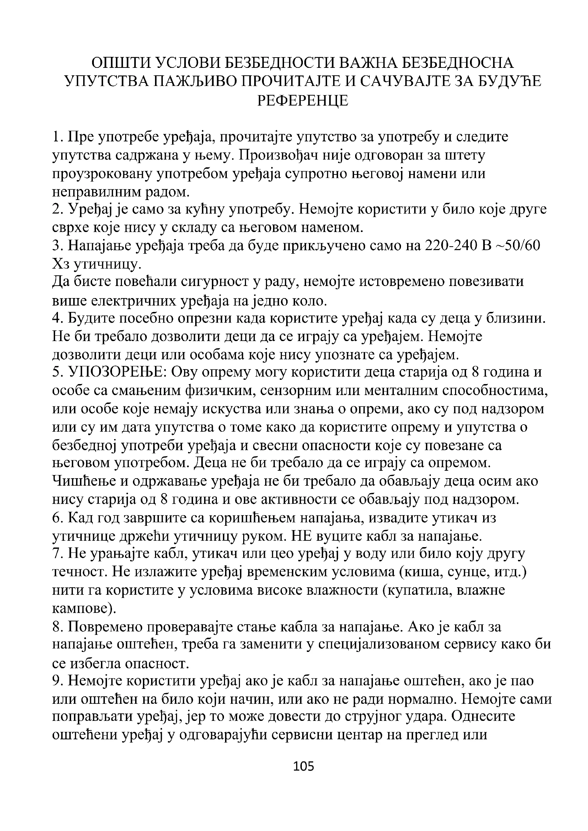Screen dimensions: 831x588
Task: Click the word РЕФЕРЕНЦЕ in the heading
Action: [x=303, y=101]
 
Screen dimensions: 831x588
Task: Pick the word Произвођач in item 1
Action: [x=285, y=155]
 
